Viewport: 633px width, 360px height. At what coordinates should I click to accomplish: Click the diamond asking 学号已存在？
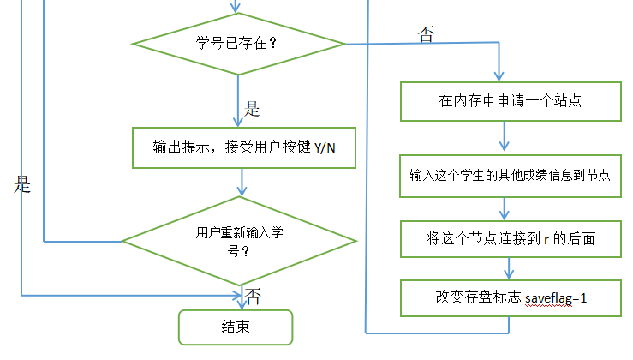tap(237, 44)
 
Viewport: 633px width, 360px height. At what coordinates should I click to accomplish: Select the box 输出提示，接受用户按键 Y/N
tap(243, 148)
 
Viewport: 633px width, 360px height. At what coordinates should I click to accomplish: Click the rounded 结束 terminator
tap(235, 327)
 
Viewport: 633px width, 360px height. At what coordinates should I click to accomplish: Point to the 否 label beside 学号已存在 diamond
tap(426, 34)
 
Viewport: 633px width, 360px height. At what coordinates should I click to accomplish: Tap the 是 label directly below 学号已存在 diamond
tap(253, 109)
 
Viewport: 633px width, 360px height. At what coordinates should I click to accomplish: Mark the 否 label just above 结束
tap(254, 297)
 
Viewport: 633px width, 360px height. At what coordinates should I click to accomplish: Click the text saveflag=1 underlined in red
tap(556, 297)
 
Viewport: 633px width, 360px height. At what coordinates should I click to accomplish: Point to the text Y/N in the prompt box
tap(325, 149)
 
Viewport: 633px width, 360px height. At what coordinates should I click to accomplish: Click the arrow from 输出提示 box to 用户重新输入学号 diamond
tap(243, 183)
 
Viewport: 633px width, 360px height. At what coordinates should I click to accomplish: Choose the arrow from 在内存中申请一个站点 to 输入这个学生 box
tap(505, 137)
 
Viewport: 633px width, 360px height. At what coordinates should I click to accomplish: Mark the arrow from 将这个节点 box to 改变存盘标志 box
tap(505, 268)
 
